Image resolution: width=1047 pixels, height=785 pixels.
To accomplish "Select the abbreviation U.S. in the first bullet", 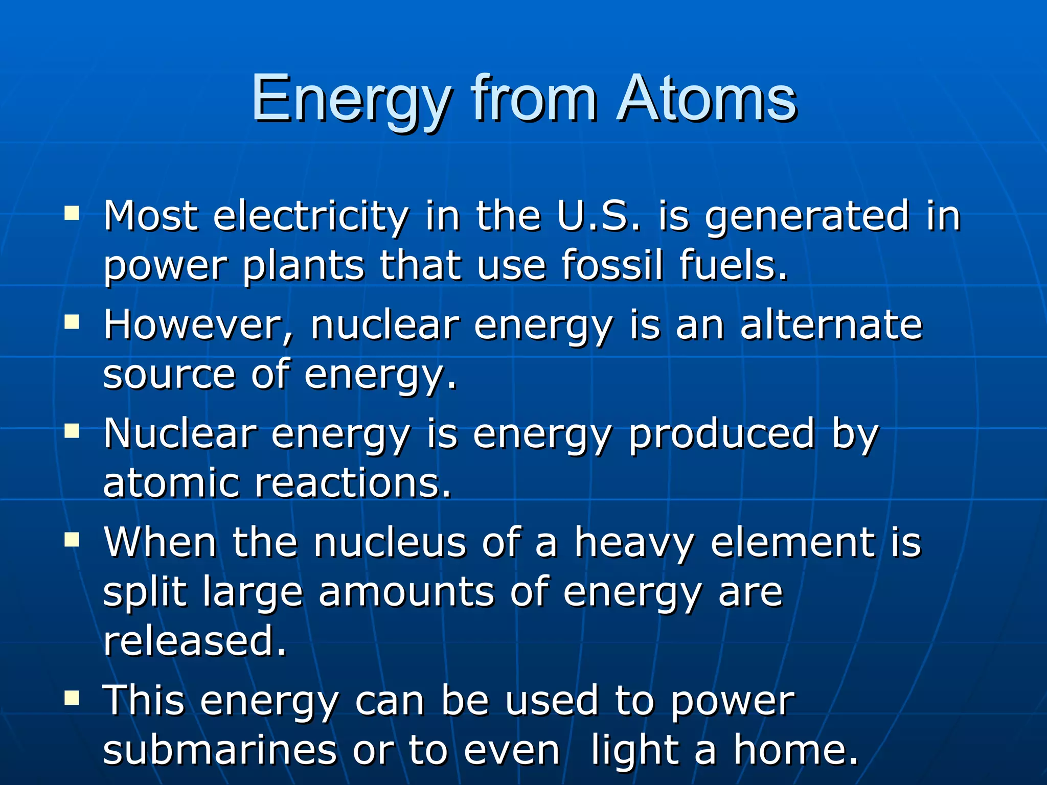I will click(x=598, y=216).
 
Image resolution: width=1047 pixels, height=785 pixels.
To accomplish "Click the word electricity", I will click(x=311, y=217).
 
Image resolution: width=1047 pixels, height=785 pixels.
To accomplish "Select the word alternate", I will click(x=831, y=325).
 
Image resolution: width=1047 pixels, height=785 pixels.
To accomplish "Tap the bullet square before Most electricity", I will click(x=72, y=213).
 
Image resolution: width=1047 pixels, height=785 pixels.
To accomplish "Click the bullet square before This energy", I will click(x=72, y=697).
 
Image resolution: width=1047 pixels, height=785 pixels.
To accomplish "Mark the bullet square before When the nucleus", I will click(x=72, y=539).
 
